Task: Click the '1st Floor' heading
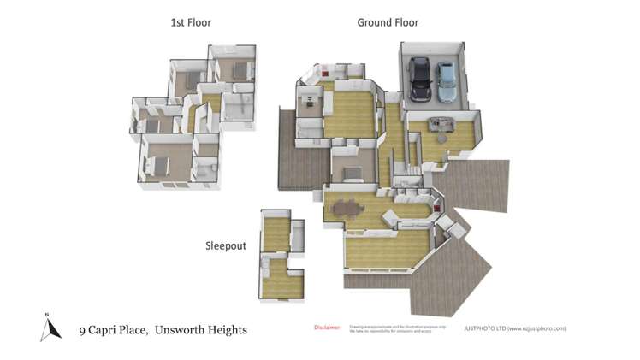[x=190, y=22]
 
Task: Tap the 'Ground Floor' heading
[x=388, y=22]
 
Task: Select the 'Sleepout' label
[x=225, y=245]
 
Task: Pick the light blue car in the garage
[x=445, y=79]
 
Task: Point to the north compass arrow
[x=50, y=328]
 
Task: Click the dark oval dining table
[x=347, y=206]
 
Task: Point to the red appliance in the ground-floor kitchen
[x=436, y=204]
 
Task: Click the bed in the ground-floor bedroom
[x=352, y=172]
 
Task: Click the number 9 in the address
[x=82, y=330]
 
